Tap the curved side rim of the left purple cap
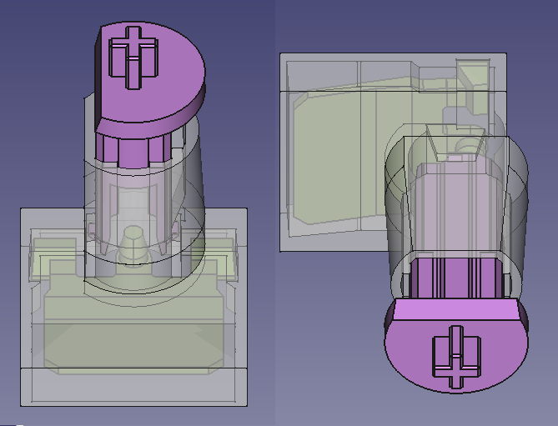point(167,113)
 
